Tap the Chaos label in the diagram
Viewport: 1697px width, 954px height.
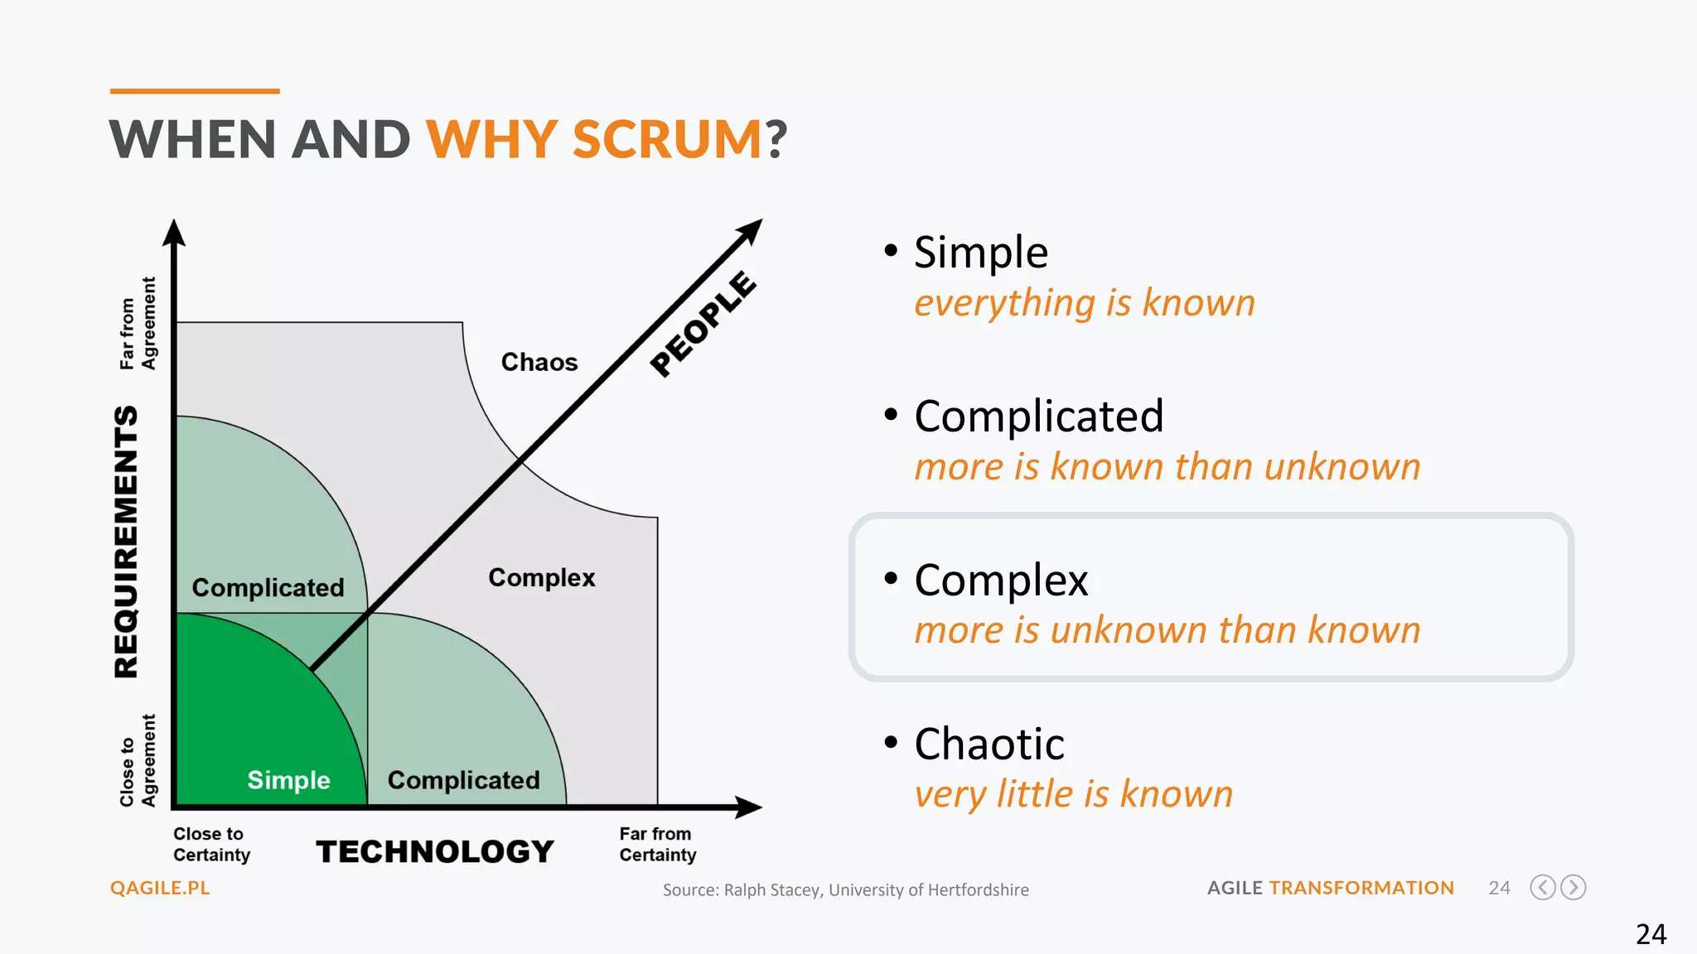(539, 363)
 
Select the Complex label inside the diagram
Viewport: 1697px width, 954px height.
(542, 577)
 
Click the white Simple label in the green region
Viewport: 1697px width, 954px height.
(288, 780)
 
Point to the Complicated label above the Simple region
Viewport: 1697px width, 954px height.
(268, 588)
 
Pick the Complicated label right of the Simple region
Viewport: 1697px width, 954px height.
(463, 780)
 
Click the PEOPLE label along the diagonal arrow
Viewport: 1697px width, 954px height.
(703, 324)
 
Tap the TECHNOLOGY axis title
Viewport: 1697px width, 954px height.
(435, 851)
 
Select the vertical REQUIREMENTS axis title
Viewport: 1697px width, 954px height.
(127, 542)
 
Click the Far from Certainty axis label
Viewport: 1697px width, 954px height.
(657, 845)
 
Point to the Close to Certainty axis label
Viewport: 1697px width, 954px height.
(211, 845)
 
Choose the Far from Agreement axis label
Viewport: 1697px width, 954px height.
(138, 324)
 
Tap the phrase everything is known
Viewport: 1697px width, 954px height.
(1084, 303)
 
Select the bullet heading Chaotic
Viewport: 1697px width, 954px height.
(989, 744)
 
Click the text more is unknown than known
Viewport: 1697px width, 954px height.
(1167, 630)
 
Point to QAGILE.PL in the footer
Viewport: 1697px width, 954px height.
(160, 888)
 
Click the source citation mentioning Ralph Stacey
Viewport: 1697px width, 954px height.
(845, 890)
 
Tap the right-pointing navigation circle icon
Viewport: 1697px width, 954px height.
(1573, 888)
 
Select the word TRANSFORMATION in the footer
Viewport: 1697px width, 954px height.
(1361, 888)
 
